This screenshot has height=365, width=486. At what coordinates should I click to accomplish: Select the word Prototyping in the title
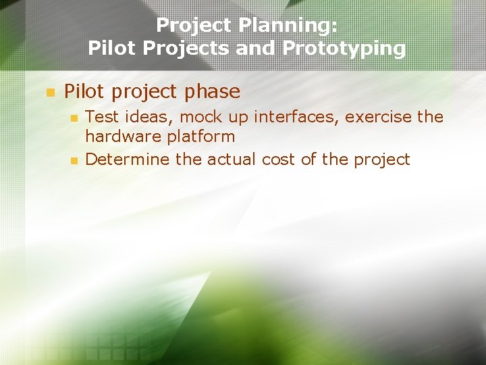(x=344, y=49)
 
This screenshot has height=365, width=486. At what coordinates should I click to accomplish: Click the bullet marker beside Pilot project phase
(x=49, y=93)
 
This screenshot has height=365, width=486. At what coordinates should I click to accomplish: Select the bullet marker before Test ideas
(x=74, y=118)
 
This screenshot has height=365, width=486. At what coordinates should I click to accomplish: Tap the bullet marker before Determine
(x=74, y=161)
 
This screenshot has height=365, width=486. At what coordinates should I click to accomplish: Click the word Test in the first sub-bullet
(x=100, y=117)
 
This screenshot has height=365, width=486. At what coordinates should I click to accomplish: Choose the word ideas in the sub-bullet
(x=141, y=117)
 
